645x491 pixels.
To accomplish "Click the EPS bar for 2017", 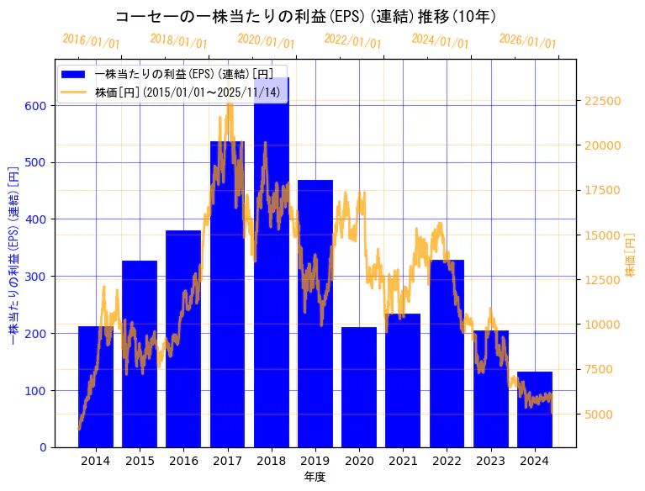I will coord(227,294).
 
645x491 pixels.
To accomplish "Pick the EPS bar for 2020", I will coord(359,387).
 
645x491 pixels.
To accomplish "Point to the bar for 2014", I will coord(96,387).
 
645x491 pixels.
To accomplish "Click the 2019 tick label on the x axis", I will coord(315,461).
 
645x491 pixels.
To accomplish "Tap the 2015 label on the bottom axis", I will coord(140,461).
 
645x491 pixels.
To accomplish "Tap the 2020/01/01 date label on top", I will coord(266,41).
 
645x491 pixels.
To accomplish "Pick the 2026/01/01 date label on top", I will coord(527,41).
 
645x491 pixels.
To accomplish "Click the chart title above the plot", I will coord(305,17).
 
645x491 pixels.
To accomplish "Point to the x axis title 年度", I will coord(315,477).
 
